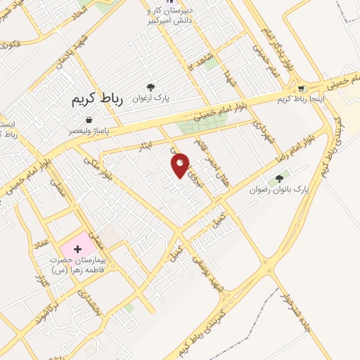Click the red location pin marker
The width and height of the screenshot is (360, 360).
[x=181, y=165]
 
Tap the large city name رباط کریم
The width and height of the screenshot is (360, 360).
[x=97, y=99]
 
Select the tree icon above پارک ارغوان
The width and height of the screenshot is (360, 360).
[x=150, y=87]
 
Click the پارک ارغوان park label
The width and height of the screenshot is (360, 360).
[x=150, y=98]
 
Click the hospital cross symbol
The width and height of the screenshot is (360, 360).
[x=77, y=250]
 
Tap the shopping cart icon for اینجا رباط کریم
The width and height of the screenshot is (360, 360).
[x=301, y=89]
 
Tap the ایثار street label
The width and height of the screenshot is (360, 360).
[x=144, y=145]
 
